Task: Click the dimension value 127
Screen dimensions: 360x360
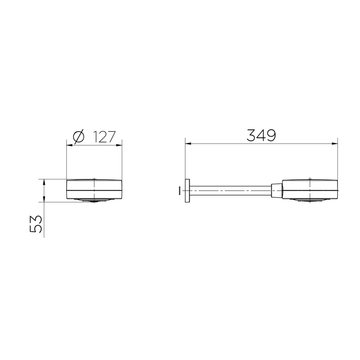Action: tap(104, 137)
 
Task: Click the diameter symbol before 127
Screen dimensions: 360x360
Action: tap(78, 137)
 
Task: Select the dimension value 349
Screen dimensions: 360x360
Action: tap(261, 135)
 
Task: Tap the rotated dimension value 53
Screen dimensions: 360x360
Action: tap(36, 224)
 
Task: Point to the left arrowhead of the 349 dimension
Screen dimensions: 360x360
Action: tap(188, 144)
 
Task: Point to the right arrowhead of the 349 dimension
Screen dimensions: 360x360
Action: tap(335, 144)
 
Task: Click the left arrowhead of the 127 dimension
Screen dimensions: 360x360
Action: tap(70, 145)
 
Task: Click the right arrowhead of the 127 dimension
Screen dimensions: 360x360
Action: tap(119, 145)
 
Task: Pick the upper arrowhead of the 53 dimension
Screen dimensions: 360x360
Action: tap(44, 182)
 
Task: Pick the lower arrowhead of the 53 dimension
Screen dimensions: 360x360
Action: tap(44, 199)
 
